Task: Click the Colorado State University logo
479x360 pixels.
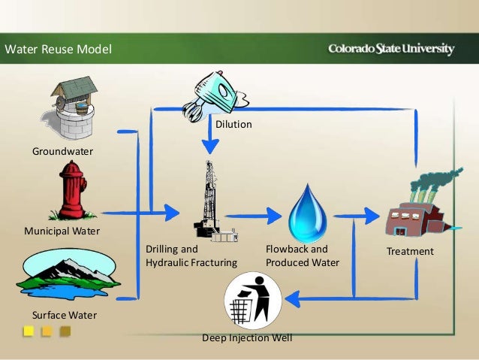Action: [x=390, y=50]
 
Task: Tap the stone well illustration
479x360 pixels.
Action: [x=74, y=107]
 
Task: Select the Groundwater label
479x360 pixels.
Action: [x=62, y=152]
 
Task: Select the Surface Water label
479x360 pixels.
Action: [x=65, y=314]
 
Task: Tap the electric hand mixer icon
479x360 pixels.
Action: [x=213, y=95]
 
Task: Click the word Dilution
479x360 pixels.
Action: [x=233, y=125]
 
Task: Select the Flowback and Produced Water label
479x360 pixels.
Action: [x=303, y=256]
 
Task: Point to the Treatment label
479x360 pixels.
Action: [x=410, y=252]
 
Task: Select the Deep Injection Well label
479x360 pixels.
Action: [x=247, y=337]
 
